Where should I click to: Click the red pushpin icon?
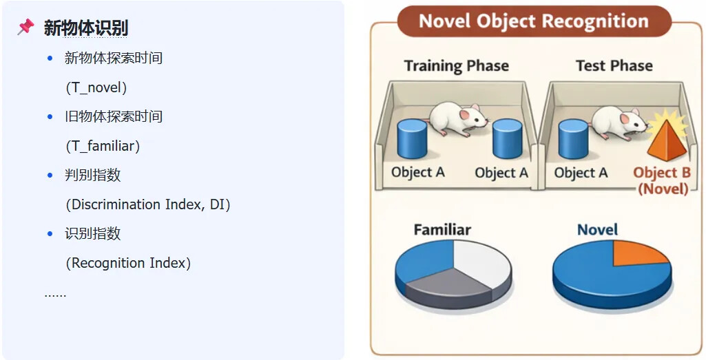[25, 27]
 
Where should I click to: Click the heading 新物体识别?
[85, 28]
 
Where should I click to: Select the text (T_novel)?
[96, 87]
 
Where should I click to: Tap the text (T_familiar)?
[103, 146]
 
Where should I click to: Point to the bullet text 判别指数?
[92, 175]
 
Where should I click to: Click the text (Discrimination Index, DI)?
[147, 204]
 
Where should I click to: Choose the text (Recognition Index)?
[127, 263]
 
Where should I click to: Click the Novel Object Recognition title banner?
[534, 21]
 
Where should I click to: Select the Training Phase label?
[456, 66]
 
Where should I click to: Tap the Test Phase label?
[614, 66]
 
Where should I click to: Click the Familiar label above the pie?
[442, 229]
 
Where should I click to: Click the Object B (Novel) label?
[661, 180]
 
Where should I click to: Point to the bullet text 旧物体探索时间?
[113, 116]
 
